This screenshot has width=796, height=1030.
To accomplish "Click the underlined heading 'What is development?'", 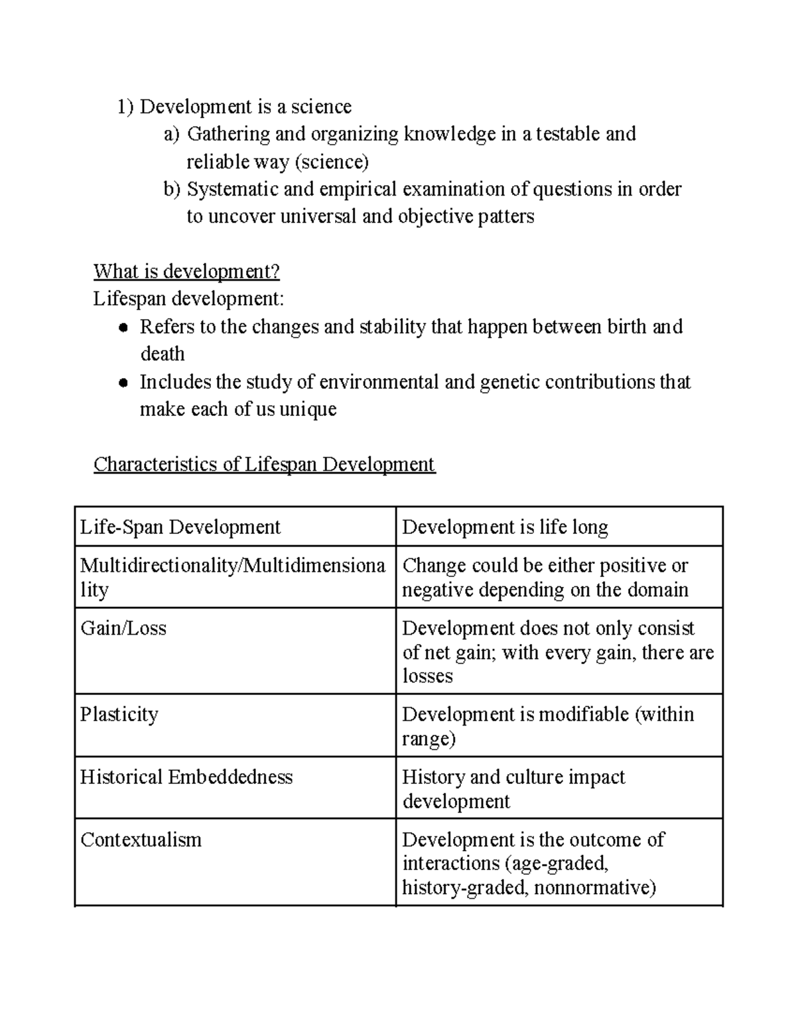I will pyautogui.click(x=186, y=271).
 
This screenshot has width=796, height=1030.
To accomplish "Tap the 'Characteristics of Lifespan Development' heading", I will pyautogui.click(x=264, y=464).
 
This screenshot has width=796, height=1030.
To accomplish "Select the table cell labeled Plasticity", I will pyautogui.click(x=119, y=714).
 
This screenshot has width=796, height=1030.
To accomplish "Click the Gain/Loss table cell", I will pyautogui.click(x=123, y=628).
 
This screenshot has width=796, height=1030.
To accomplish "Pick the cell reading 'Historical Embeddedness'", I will pyautogui.click(x=186, y=777).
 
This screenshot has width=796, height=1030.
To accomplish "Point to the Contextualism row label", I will pyautogui.click(x=141, y=840).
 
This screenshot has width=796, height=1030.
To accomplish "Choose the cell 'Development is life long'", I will pyautogui.click(x=505, y=527).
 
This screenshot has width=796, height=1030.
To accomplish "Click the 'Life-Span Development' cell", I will pyautogui.click(x=180, y=527).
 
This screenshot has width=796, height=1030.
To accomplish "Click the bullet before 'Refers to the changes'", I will pyautogui.click(x=123, y=328).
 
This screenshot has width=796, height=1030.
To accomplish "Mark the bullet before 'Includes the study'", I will pyautogui.click(x=123, y=383).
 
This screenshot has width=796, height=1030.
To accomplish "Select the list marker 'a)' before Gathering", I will pyautogui.click(x=172, y=135).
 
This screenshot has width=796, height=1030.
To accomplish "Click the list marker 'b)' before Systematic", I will pyautogui.click(x=172, y=190).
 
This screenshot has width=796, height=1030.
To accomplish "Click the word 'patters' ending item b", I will pyautogui.click(x=505, y=217).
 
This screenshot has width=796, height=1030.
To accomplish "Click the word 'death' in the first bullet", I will pyautogui.click(x=163, y=354).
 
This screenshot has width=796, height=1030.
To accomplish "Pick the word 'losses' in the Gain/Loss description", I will pyautogui.click(x=427, y=676).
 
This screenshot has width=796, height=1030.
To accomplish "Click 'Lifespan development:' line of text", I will pyautogui.click(x=188, y=299).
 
